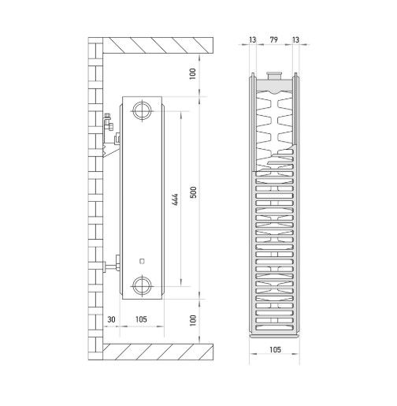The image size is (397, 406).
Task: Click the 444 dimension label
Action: click(x=176, y=199)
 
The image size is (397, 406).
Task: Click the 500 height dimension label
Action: click(x=193, y=192)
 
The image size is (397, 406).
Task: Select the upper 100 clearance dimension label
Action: click(x=193, y=74)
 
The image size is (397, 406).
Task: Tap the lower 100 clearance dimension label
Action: click(x=193, y=320)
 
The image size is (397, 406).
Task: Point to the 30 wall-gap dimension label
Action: click(x=111, y=319)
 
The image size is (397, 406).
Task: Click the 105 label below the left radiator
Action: click(x=141, y=319)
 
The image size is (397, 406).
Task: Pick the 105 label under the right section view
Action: click(x=275, y=349)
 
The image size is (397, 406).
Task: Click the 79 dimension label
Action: click(x=274, y=39)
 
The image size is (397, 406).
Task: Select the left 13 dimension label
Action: click(x=253, y=39)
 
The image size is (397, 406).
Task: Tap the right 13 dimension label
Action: click(x=295, y=39)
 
